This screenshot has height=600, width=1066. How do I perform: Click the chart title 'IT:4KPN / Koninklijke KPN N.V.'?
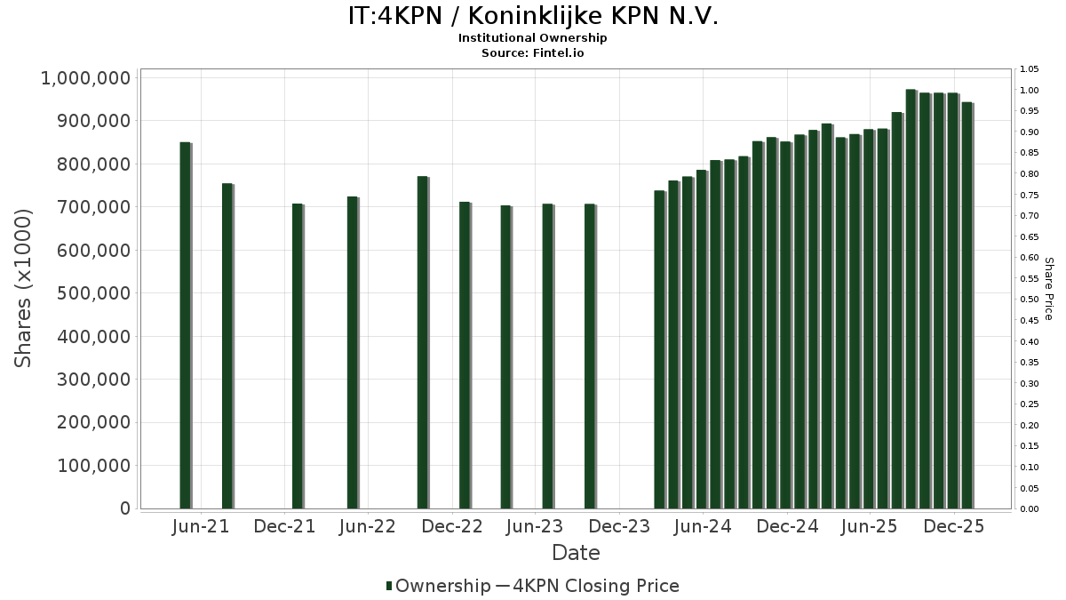pos(533,16)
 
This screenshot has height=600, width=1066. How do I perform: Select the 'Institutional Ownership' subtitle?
pos(533,38)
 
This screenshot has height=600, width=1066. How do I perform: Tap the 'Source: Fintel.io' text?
pos(533,52)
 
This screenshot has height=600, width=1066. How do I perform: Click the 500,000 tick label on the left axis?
pos(91,293)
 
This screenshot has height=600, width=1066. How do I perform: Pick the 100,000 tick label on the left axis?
pos(91,466)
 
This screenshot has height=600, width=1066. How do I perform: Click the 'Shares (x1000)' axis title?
pos(24,288)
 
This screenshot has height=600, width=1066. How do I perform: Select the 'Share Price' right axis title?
pos(1048,288)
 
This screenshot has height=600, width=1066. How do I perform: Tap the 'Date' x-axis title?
pos(576,553)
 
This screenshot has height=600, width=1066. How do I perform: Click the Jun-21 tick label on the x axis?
pos(201,526)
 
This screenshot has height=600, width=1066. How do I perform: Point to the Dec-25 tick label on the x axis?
pos(954,526)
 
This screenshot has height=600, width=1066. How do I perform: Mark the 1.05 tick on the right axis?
pos(1029,69)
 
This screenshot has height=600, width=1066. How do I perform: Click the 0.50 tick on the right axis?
pos(1029,300)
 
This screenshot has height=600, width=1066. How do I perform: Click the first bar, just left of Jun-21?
pos(185,324)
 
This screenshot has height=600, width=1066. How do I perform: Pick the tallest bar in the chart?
pos(911,299)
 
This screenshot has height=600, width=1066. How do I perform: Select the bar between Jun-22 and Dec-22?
pos(423,342)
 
